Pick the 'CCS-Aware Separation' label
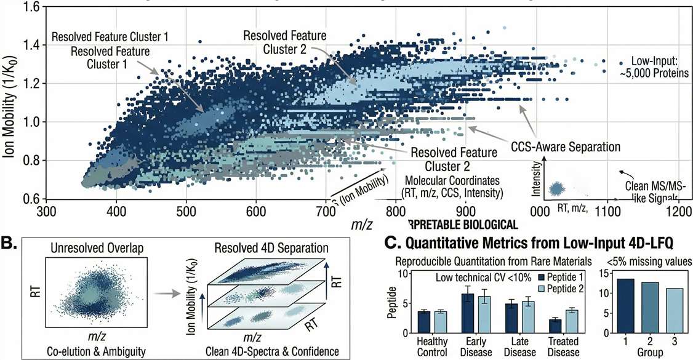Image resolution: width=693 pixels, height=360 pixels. tap(564, 148)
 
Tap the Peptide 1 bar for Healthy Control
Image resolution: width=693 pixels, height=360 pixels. tap(424, 322)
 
